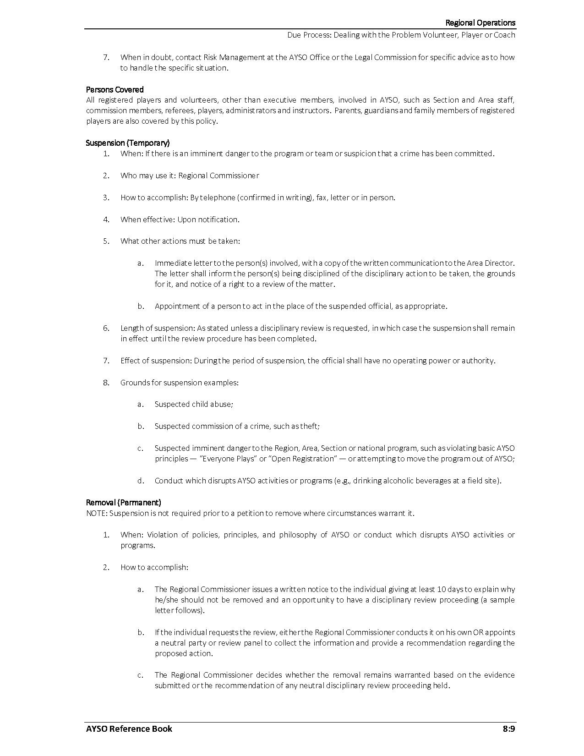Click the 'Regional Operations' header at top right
(480, 23)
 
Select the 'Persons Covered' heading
(115, 89)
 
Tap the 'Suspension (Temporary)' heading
(128, 143)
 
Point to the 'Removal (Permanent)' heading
(124, 503)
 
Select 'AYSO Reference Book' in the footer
(129, 729)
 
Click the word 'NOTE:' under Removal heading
(97, 513)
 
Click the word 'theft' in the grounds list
(309, 426)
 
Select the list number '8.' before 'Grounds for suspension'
(106, 383)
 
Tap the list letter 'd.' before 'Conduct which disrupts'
(141, 481)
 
